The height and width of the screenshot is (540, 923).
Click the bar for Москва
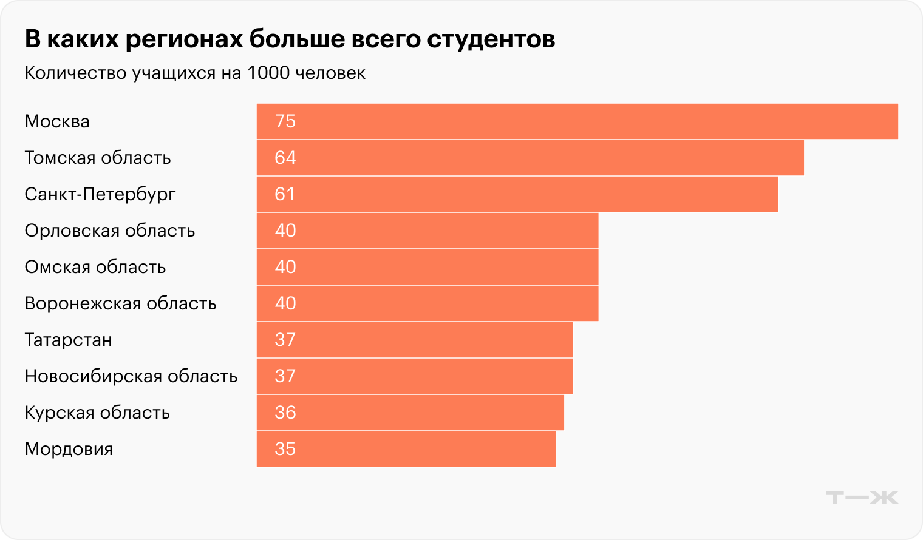(x=577, y=121)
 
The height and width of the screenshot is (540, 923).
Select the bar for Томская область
(x=530, y=158)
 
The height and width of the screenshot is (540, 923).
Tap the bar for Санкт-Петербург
(x=517, y=194)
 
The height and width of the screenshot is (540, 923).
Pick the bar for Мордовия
(x=406, y=449)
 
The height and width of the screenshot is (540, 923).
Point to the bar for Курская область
(x=410, y=413)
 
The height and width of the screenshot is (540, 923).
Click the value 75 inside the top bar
(x=285, y=121)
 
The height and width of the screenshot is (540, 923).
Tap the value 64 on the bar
(x=285, y=158)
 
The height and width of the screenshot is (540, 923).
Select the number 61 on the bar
(x=285, y=194)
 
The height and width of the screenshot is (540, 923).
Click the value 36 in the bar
(x=285, y=413)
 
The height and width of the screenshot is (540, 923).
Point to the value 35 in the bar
(x=285, y=449)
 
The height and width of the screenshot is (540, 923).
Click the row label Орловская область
(x=109, y=231)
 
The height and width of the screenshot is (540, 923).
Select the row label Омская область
(x=95, y=267)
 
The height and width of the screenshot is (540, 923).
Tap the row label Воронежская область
(x=120, y=303)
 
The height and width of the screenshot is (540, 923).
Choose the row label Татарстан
(x=68, y=340)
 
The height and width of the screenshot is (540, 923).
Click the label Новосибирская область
(x=131, y=376)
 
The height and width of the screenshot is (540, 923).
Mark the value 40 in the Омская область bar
(x=285, y=267)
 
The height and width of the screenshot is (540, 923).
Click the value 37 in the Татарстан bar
(x=285, y=340)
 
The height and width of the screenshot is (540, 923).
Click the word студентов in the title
(x=491, y=39)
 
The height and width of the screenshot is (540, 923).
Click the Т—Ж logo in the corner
(x=861, y=498)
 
